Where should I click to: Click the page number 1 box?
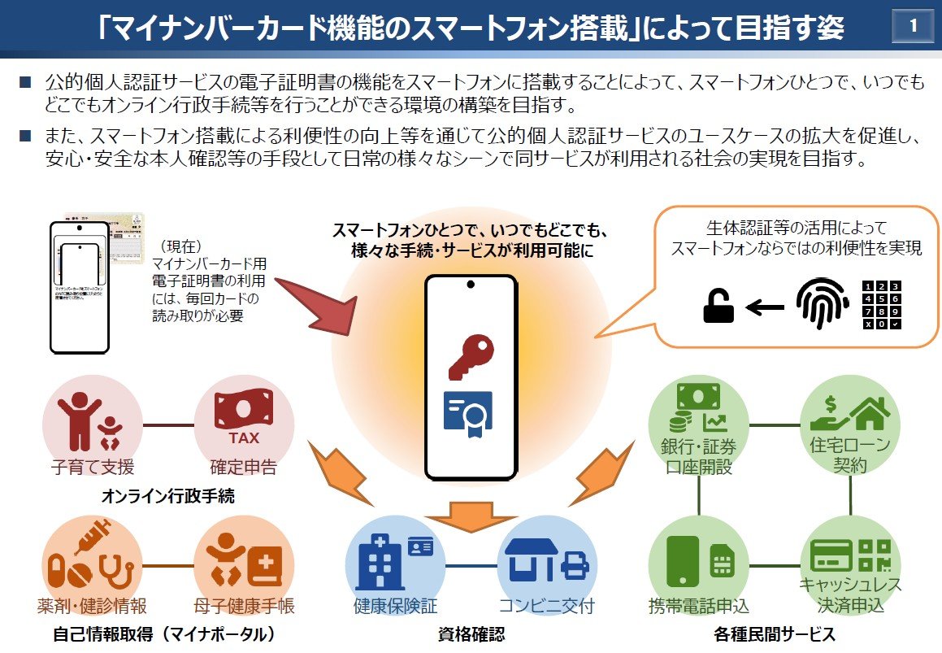tap(913, 27)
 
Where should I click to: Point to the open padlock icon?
tap(718, 307)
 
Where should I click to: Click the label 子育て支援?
tap(93, 467)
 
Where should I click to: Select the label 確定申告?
tap(243, 467)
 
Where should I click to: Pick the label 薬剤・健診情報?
tap(92, 606)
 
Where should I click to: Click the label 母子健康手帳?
tap(244, 606)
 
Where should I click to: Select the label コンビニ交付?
tap(547, 606)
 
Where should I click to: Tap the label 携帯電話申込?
tap(699, 606)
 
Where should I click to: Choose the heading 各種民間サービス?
tap(775, 633)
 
